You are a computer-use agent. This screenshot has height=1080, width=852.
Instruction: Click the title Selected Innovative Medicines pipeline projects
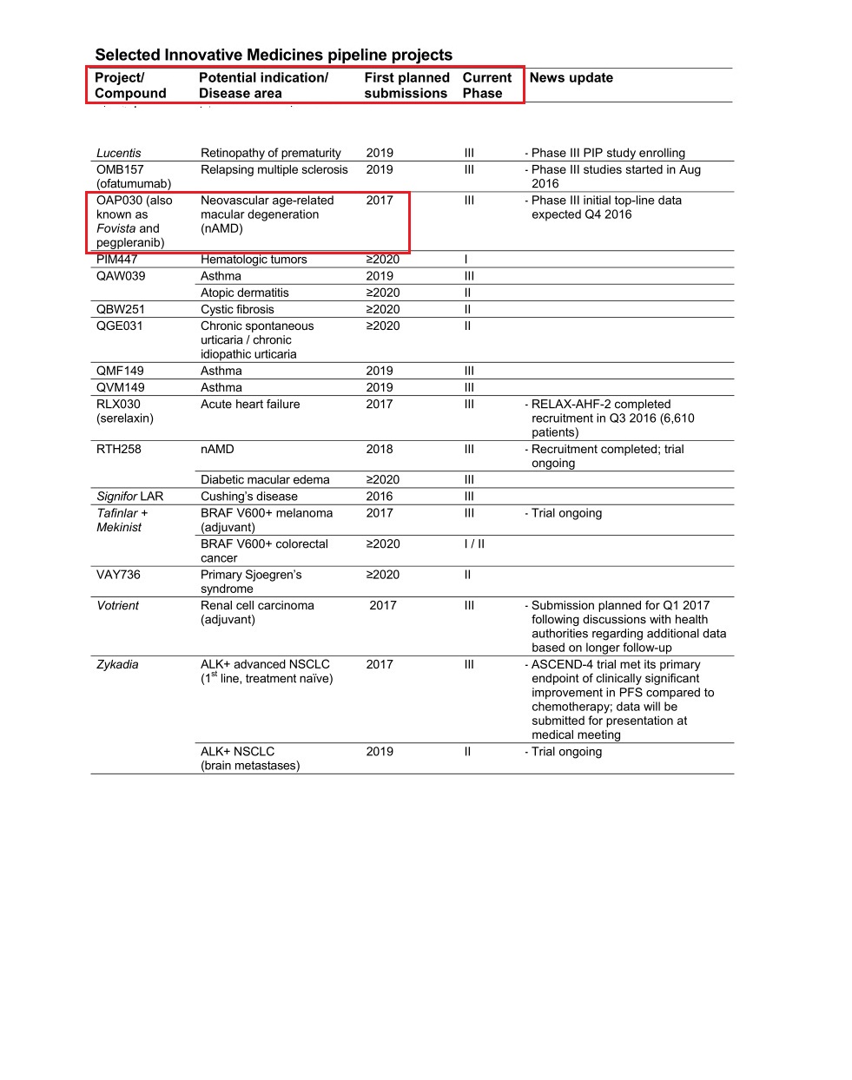click(x=274, y=56)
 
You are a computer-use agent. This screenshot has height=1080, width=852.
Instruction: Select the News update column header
click(x=571, y=78)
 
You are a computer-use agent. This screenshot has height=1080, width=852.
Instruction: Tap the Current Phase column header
click(x=486, y=85)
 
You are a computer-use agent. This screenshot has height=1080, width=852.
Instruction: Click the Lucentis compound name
click(x=118, y=154)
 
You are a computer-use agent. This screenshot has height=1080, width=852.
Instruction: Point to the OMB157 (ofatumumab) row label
click(x=133, y=177)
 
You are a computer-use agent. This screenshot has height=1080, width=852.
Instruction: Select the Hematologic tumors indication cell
click(x=254, y=260)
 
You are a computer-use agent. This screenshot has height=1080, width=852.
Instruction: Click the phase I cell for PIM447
click(x=466, y=260)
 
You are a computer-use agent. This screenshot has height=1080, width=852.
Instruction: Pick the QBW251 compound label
click(x=121, y=310)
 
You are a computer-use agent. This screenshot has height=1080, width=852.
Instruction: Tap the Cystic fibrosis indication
click(x=237, y=310)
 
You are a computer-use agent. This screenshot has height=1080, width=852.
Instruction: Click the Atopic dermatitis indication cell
click(x=244, y=293)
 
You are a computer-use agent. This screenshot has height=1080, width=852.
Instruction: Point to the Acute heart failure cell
click(x=250, y=405)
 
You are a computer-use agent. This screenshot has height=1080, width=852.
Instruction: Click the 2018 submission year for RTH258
click(x=380, y=450)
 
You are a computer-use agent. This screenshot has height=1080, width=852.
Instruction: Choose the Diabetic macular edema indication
click(x=265, y=480)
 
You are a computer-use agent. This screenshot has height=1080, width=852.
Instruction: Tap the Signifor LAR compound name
click(x=129, y=497)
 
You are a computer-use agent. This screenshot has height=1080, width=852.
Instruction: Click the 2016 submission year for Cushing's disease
click(x=380, y=497)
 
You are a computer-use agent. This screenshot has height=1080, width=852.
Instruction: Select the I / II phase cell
click(x=474, y=544)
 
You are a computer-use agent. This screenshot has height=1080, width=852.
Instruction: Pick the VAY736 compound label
click(x=118, y=575)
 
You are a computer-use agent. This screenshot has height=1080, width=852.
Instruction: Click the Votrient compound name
click(x=118, y=606)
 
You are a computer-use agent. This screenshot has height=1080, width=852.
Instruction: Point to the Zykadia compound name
click(x=117, y=665)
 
